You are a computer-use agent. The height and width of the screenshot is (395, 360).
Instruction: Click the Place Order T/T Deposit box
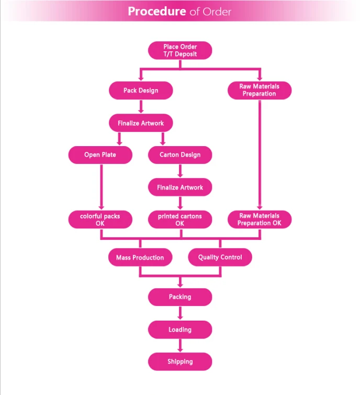(x=180, y=50)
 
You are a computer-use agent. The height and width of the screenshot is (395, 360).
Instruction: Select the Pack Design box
(x=141, y=90)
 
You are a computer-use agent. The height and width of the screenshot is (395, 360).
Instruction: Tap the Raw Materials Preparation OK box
(x=260, y=219)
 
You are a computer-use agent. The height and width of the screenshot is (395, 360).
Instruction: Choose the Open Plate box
(x=100, y=155)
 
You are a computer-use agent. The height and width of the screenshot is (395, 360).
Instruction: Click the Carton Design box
(x=180, y=155)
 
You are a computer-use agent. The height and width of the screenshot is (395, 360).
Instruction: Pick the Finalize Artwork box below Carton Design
(x=180, y=187)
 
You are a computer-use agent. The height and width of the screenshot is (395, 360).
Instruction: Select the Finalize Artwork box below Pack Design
(x=141, y=123)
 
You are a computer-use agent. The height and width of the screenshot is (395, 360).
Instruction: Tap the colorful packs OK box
(x=100, y=219)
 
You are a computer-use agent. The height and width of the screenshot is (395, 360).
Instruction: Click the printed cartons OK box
(x=180, y=219)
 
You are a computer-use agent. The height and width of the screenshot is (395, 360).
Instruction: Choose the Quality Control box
(x=220, y=257)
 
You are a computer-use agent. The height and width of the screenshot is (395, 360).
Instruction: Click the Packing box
(x=180, y=297)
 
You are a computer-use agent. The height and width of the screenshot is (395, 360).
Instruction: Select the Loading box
(x=180, y=330)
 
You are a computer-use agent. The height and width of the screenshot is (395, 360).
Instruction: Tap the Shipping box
(x=180, y=361)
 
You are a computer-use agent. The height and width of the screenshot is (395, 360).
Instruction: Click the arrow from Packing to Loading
(x=180, y=313)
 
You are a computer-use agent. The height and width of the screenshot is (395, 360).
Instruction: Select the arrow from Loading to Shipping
(x=180, y=345)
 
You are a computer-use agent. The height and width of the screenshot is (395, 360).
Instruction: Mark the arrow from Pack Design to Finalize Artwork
(x=141, y=106)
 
